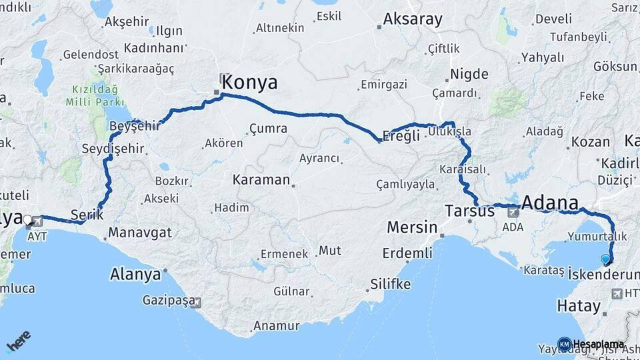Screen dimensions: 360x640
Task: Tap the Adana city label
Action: pyautogui.click(x=550, y=202)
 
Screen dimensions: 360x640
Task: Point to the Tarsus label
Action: pyautogui.click(x=469, y=211)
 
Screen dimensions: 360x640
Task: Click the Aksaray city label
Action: pyautogui.click(x=413, y=19)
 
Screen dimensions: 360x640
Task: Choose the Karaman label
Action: pyautogui.click(x=261, y=180)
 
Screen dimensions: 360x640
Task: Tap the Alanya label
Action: pyautogui.click(x=135, y=275)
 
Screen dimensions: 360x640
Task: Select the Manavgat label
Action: pyautogui.click(x=139, y=233)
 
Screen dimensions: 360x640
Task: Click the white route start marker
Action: pyautogui.click(x=27, y=219)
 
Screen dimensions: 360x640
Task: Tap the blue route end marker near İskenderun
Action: pyautogui.click(x=605, y=259)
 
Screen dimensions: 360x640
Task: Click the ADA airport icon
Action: pyautogui.click(x=513, y=213)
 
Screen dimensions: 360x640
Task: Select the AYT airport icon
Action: pyautogui.click(x=30, y=225)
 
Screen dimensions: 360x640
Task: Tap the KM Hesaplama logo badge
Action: pyautogui.click(x=565, y=344)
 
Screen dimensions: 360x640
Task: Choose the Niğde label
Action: pyautogui.click(x=469, y=74)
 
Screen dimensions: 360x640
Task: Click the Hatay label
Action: pyautogui.click(x=576, y=306)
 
